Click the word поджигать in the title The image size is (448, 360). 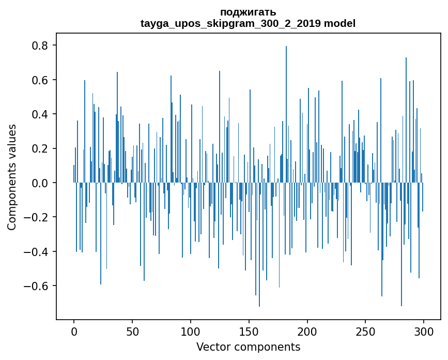tap(248, 12)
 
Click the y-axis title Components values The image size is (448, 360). tap(12, 177)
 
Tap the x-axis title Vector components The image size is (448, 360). tap(248, 347)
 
